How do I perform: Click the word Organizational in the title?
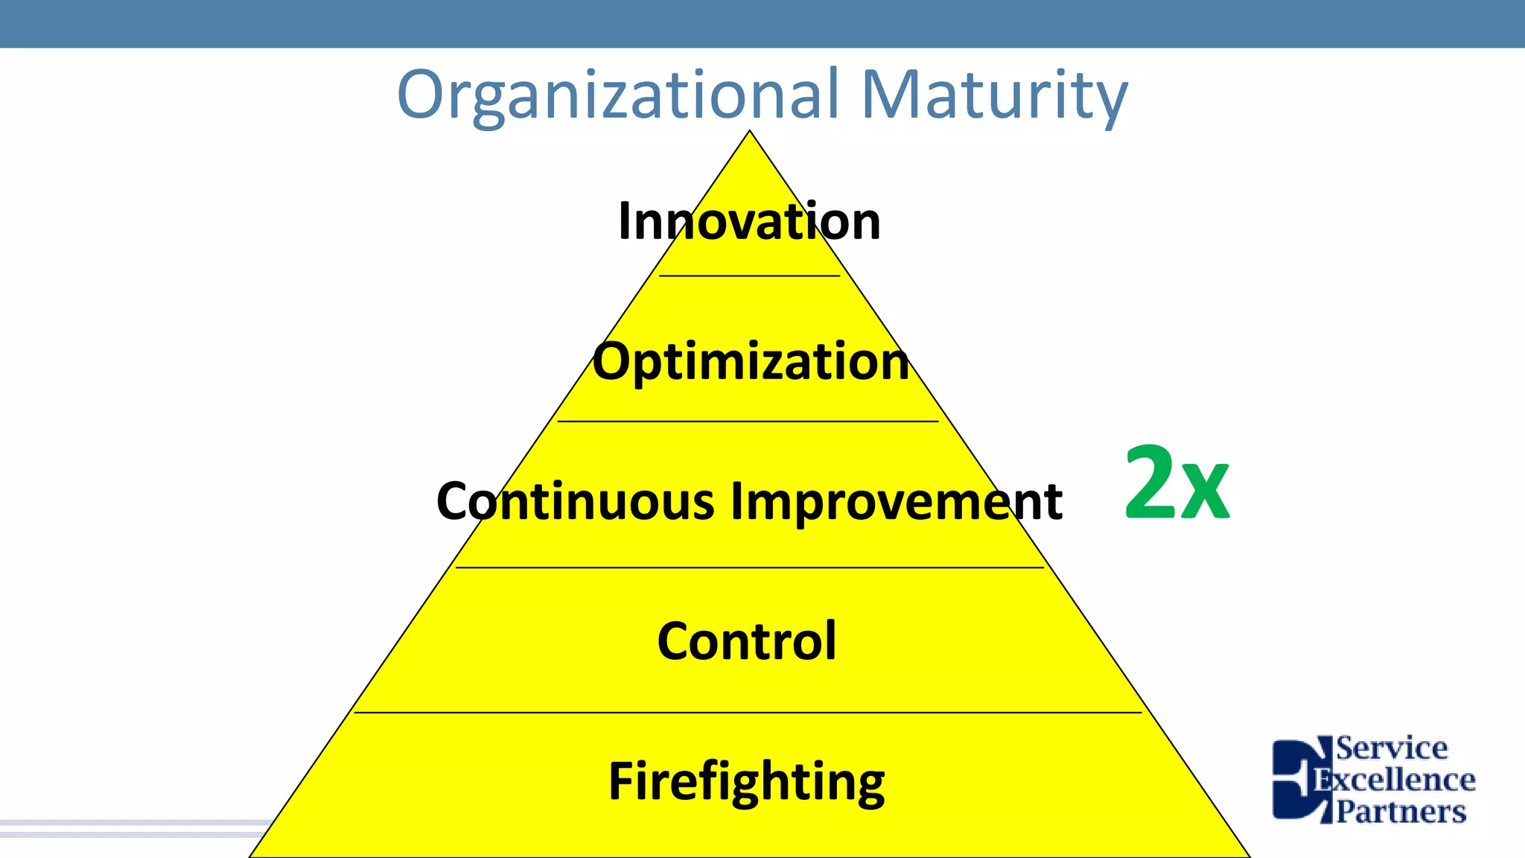point(618,95)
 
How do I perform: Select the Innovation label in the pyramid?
point(749,221)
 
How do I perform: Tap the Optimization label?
point(751,361)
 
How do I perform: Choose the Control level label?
point(747,641)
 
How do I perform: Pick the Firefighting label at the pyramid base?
point(747,781)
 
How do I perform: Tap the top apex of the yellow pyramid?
point(750,134)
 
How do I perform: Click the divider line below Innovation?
point(749,276)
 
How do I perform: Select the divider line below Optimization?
point(748,422)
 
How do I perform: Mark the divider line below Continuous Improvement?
point(749,568)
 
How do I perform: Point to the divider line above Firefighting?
point(748,713)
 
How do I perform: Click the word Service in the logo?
point(1391,748)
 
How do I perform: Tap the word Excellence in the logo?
point(1394,780)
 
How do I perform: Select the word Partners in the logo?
point(1401,811)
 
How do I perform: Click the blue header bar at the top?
point(762,23)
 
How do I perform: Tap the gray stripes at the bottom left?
point(134,828)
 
